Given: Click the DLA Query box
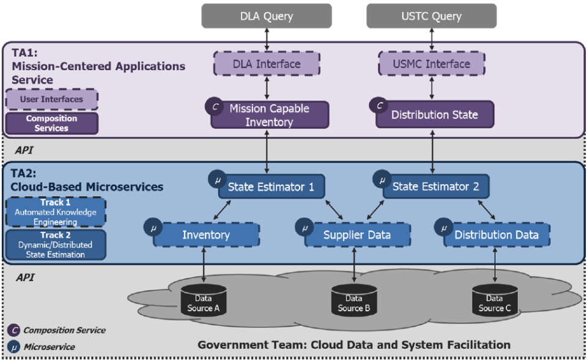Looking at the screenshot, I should click(267, 17).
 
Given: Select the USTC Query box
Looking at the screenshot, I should click(432, 17).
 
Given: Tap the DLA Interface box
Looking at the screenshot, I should click(267, 64).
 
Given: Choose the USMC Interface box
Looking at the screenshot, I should click(432, 64).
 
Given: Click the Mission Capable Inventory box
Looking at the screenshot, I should click(270, 115).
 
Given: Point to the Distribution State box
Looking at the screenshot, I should click(434, 115).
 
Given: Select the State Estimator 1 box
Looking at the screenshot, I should click(271, 186).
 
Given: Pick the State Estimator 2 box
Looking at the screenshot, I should click(435, 186).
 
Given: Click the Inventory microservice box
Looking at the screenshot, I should click(206, 235).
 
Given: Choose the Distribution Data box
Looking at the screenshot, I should click(497, 235).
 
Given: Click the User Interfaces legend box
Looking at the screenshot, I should click(52, 99).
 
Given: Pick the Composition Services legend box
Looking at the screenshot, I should click(52, 123).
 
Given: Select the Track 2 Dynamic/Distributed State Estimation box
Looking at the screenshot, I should click(56, 244).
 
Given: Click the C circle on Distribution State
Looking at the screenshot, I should click(380, 105).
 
